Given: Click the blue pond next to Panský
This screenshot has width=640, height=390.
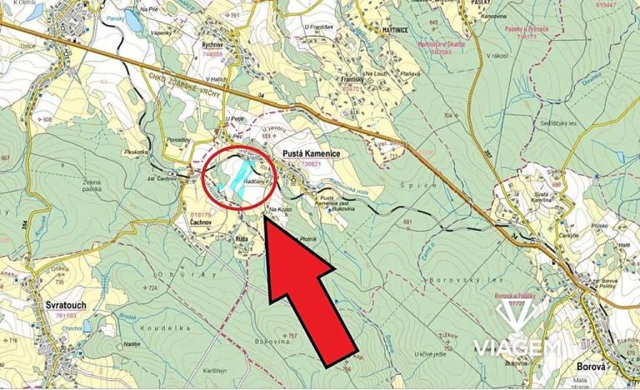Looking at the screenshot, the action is [132, 23].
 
